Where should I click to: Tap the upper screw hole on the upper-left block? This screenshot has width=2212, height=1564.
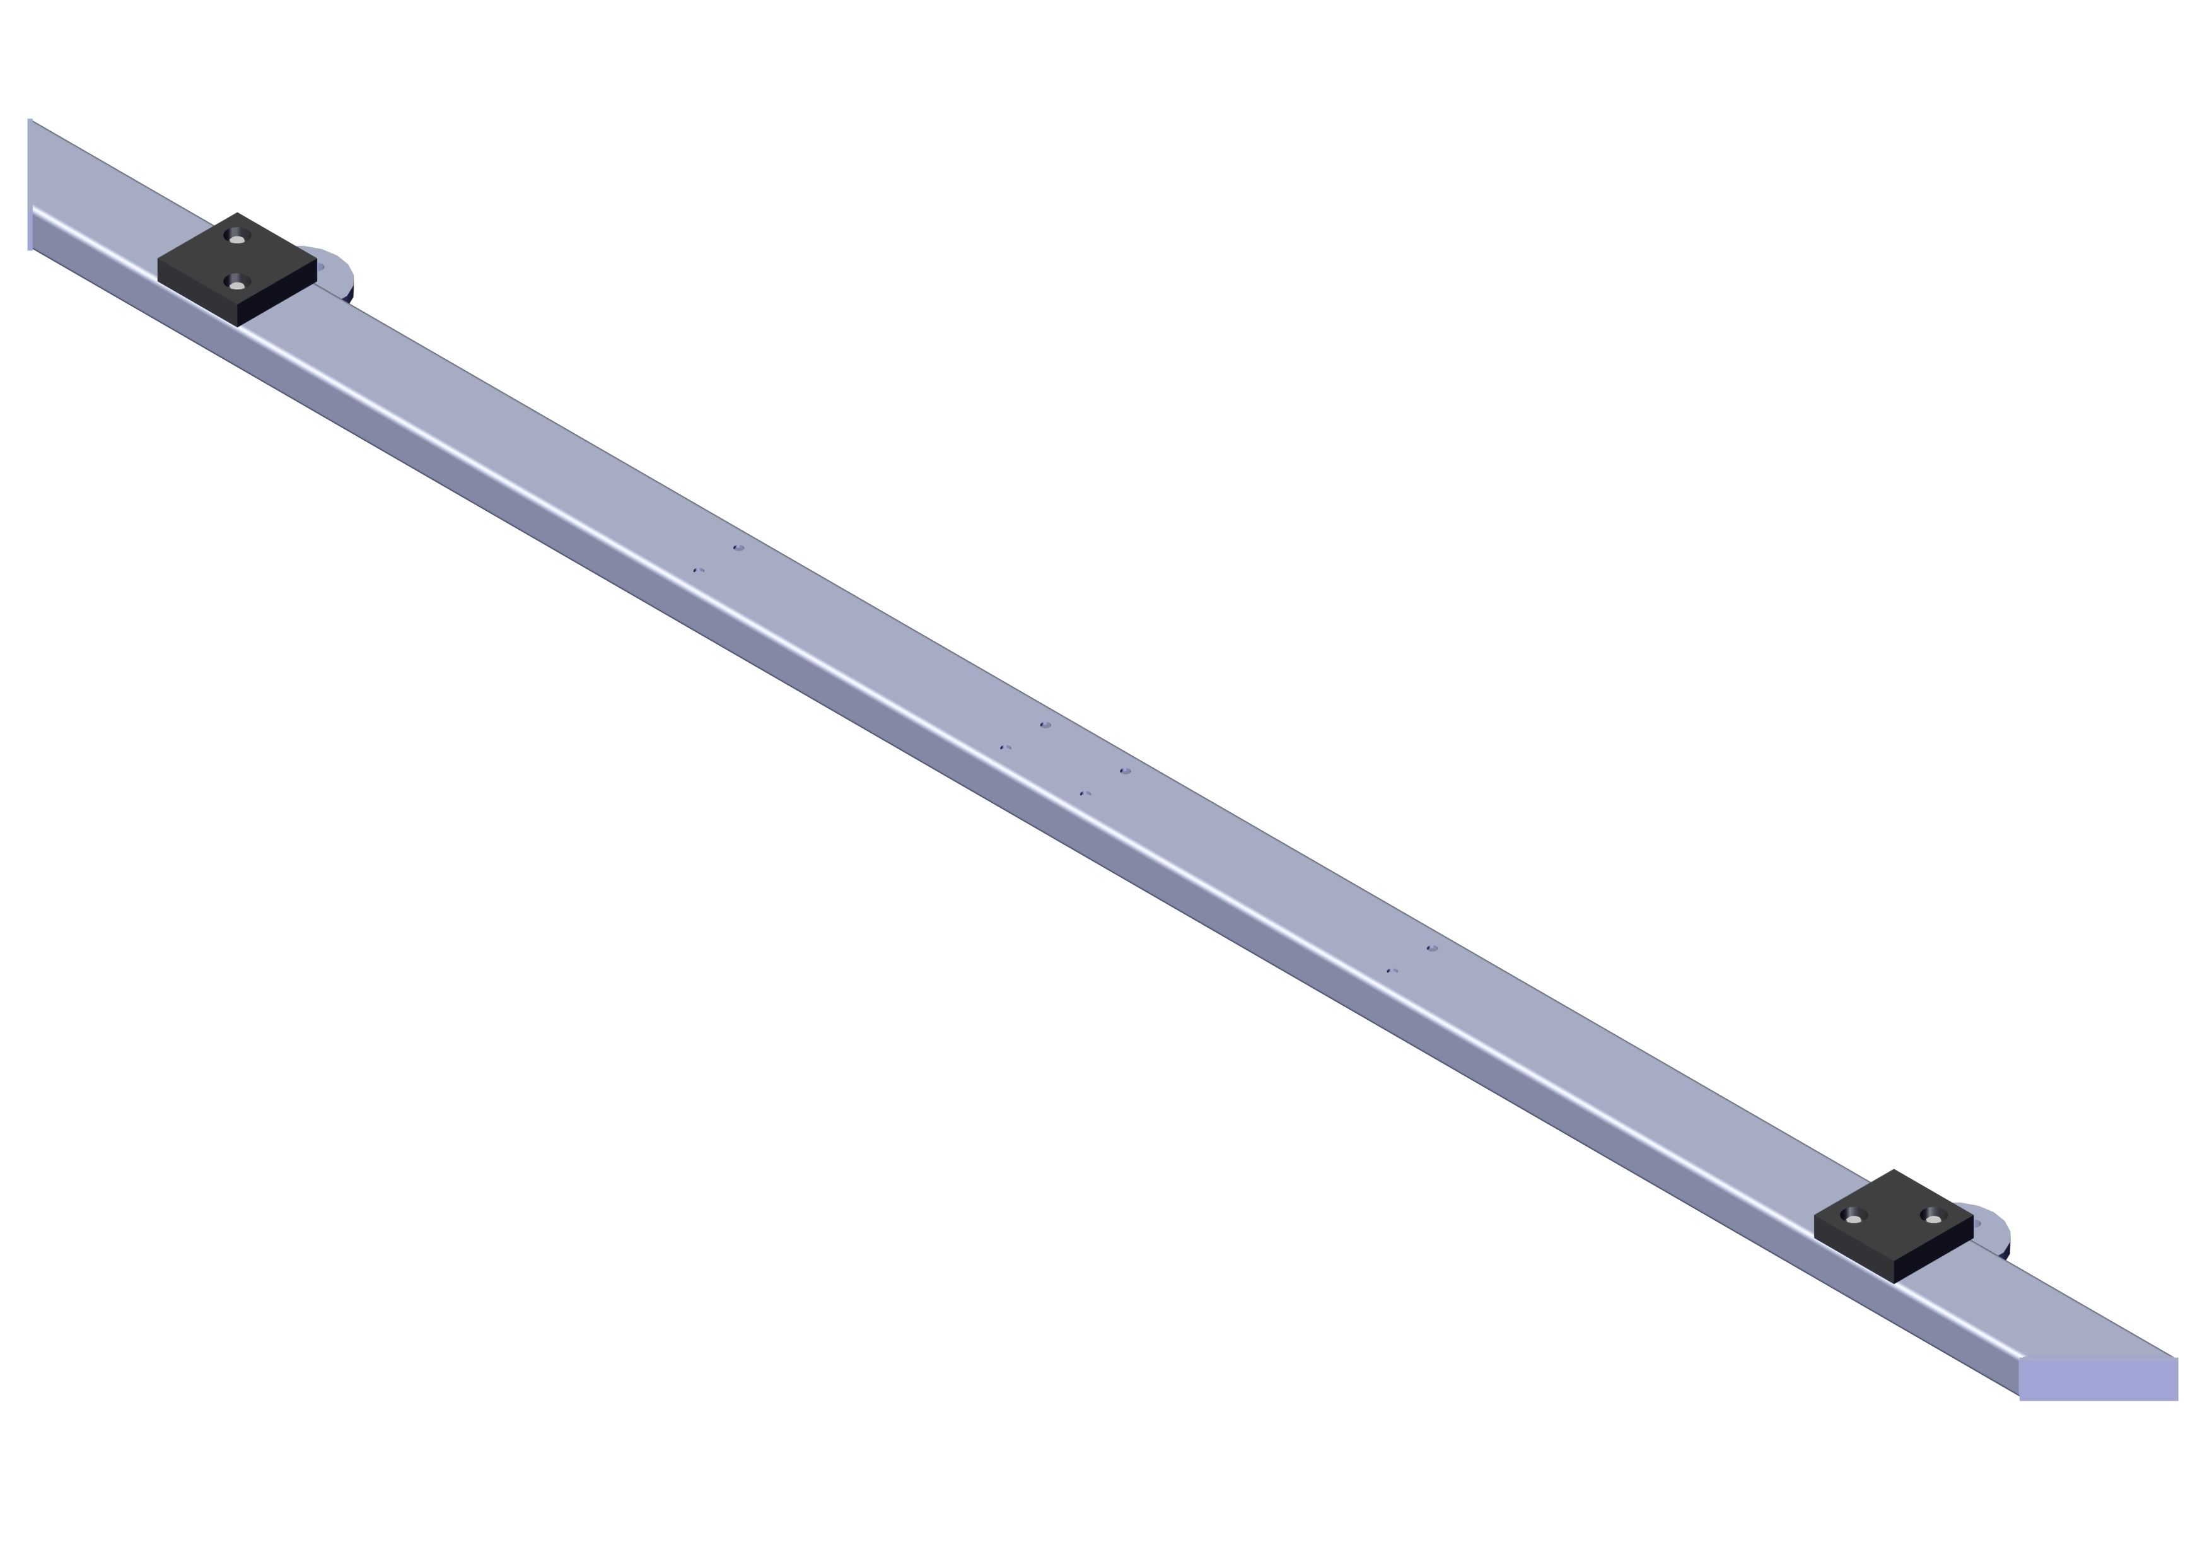click(x=237, y=236)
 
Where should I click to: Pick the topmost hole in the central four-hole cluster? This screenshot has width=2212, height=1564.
click(x=1045, y=725)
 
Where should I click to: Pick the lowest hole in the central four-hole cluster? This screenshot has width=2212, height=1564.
click(x=1086, y=793)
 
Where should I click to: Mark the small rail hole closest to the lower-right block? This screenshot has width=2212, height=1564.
click(x=1433, y=948)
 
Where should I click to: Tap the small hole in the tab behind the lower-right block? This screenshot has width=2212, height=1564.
click(x=1976, y=1224)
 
